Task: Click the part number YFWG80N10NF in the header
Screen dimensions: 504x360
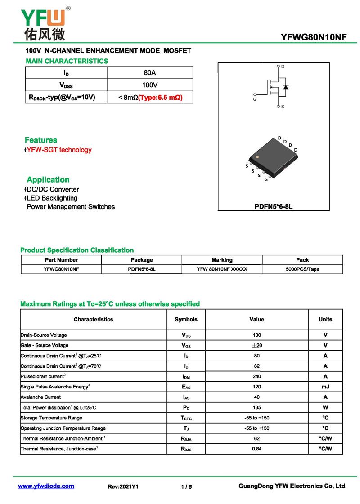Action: (x=314, y=37)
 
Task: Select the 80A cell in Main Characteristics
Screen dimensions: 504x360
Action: (x=150, y=73)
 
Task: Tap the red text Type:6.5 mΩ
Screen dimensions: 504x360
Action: (x=160, y=97)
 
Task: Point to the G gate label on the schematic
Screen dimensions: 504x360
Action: (x=255, y=99)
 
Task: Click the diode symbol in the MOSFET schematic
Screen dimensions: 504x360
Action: (x=286, y=86)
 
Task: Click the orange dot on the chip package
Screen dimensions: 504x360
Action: (x=257, y=157)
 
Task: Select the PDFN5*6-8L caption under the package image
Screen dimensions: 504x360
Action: (x=274, y=207)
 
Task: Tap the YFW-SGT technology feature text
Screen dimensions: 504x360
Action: (x=59, y=150)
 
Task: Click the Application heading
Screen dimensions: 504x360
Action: (x=48, y=179)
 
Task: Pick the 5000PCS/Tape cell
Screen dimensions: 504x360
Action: (x=302, y=269)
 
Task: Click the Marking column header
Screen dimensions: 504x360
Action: (x=222, y=260)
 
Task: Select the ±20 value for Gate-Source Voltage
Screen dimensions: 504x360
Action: (x=256, y=345)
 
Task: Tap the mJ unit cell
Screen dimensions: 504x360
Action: (x=325, y=387)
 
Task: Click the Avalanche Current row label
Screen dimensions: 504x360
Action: (x=41, y=397)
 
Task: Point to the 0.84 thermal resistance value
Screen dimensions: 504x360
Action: (x=256, y=449)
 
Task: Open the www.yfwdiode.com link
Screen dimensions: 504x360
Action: (x=46, y=486)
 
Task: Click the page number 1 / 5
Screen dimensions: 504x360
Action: (x=186, y=486)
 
